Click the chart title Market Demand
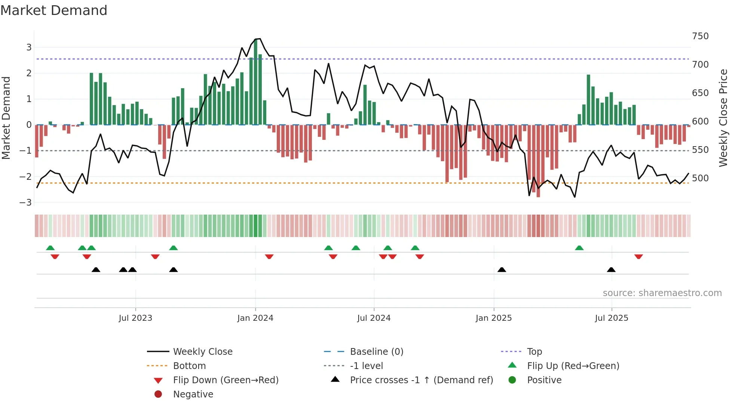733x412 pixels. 54,10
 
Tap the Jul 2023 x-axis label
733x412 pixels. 135,318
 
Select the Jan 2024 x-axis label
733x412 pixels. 255,318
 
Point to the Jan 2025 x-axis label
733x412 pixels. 494,318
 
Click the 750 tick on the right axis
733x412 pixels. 700,36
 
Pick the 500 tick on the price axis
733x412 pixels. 700,178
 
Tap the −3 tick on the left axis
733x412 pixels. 26,203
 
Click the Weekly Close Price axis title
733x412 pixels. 723,118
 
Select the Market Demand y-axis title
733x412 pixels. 6,118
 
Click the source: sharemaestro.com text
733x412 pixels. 662,293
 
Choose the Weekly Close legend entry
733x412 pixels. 203,352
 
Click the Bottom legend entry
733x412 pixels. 189,366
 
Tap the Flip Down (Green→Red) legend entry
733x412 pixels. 226,380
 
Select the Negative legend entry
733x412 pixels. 193,394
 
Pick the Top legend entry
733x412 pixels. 534,352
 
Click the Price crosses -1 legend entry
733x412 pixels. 421,380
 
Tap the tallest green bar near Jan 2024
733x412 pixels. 256,82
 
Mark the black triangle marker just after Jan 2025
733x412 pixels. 502,270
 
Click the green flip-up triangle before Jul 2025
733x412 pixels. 579,248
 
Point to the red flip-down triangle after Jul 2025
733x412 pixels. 639,256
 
